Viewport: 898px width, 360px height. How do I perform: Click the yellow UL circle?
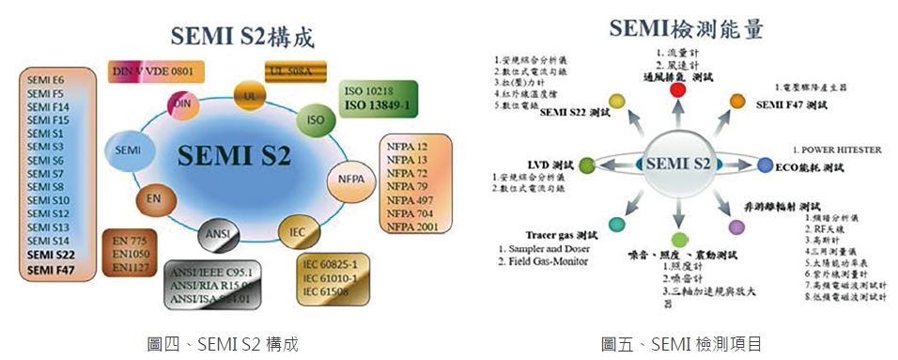[249, 96]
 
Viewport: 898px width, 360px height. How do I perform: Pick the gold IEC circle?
[295, 228]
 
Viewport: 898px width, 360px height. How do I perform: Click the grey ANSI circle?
[215, 232]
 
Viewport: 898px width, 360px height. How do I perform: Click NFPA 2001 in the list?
[413, 226]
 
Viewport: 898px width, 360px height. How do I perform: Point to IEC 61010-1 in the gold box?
[336, 277]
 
